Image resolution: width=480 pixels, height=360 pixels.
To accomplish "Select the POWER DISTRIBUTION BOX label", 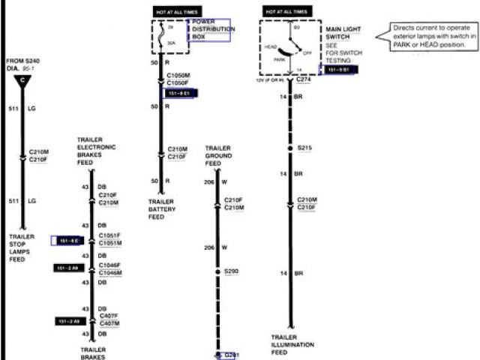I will pyautogui.click(x=213, y=29).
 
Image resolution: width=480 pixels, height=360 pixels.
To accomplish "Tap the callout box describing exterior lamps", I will pyautogui.click(x=434, y=35).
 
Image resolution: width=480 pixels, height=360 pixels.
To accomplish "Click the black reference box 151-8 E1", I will pyautogui.click(x=178, y=93).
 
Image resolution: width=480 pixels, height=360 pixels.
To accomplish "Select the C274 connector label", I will pyautogui.click(x=304, y=79).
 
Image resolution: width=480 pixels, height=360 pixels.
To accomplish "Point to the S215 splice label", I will pyautogui.click(x=304, y=148).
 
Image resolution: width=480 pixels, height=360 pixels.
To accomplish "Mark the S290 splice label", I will pyautogui.click(x=231, y=270).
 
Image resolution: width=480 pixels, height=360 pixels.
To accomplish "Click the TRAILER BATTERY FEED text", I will pyautogui.click(x=161, y=209).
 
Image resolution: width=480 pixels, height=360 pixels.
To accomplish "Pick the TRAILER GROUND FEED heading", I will pyautogui.click(x=218, y=156).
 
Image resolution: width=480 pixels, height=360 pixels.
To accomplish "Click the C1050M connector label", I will pyautogui.click(x=178, y=76).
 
